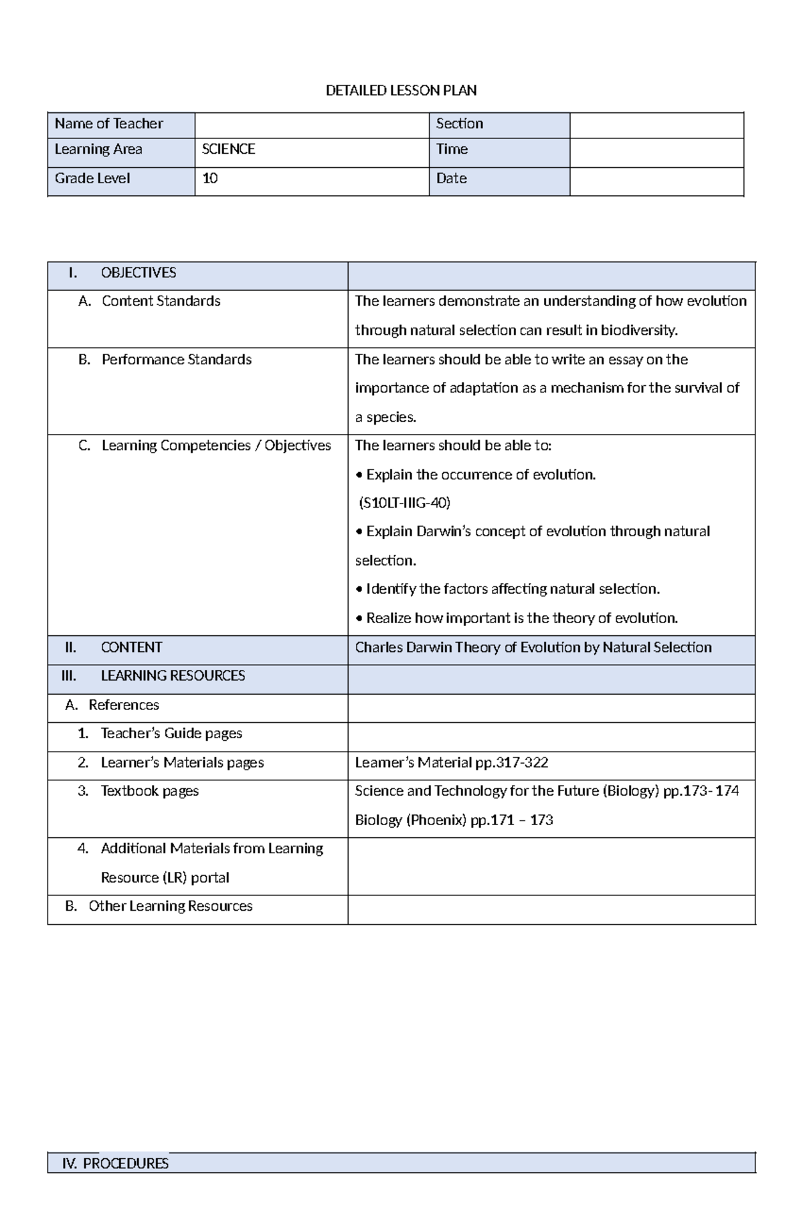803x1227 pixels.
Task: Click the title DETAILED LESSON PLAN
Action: point(401,90)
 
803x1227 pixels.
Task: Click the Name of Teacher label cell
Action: point(108,124)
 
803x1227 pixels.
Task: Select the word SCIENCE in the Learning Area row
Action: point(228,149)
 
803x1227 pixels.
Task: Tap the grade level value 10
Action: point(209,179)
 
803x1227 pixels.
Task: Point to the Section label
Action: point(459,124)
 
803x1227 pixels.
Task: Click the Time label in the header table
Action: point(452,149)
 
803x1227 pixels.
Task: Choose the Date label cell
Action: point(451,179)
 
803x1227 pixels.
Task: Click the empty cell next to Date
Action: point(656,181)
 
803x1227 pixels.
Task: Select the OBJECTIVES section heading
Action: point(138,273)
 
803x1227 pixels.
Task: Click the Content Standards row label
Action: point(161,301)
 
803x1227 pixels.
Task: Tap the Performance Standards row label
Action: point(176,360)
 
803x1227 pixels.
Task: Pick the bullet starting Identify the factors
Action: point(509,589)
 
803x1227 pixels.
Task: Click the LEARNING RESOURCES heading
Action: point(172,676)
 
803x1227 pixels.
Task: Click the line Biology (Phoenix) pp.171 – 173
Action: point(454,820)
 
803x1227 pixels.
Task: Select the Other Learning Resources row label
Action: point(170,906)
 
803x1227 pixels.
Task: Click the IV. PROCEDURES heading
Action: point(114,1163)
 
